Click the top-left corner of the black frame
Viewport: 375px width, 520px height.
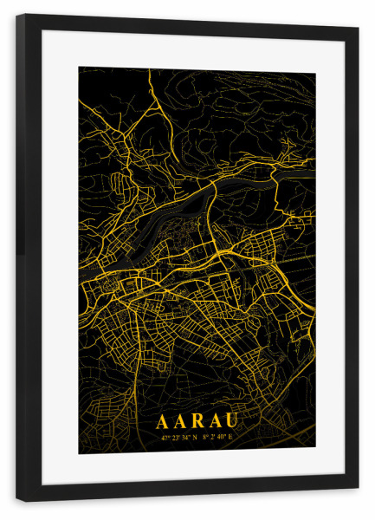(17, 15)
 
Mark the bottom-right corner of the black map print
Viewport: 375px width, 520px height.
(314, 452)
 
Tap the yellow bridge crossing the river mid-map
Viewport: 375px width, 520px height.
(209, 205)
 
